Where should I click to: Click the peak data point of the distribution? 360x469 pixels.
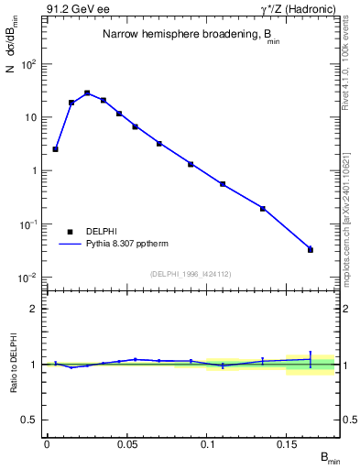[87, 93]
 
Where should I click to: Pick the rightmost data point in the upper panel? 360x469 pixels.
[311, 249]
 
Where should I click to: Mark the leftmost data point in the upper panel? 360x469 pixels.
[55, 148]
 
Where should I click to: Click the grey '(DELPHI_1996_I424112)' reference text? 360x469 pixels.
[190, 272]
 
